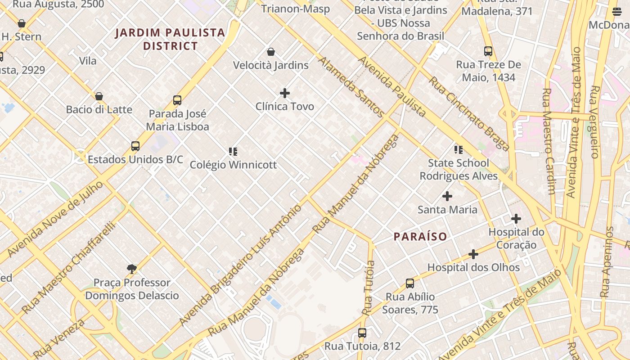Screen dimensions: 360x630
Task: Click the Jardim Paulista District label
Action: [x=170, y=39]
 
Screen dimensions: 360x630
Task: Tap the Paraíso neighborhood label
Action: [x=420, y=237]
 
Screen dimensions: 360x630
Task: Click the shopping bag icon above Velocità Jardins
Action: [x=271, y=52]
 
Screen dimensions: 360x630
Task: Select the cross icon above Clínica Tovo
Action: [x=285, y=93]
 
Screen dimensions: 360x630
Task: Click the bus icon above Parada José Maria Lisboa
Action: [x=177, y=100]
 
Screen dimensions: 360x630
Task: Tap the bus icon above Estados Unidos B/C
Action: [x=135, y=146]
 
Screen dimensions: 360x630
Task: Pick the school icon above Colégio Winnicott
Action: [x=233, y=152]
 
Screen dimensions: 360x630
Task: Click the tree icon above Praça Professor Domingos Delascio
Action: [x=132, y=269]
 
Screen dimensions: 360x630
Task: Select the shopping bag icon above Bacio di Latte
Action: [x=99, y=96]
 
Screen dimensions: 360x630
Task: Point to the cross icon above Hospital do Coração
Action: [x=516, y=219]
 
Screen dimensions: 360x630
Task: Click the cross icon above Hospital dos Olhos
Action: [x=473, y=254]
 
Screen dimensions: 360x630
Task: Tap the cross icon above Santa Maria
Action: [x=447, y=196]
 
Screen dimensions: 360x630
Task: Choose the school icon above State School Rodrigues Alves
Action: [x=459, y=149]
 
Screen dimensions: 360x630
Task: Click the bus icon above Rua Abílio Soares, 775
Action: [x=410, y=283]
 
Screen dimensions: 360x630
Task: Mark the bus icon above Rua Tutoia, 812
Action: [x=362, y=333]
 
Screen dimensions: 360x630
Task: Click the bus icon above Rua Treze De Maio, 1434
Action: [x=488, y=51]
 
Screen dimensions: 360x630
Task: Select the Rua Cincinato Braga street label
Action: [x=468, y=114]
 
